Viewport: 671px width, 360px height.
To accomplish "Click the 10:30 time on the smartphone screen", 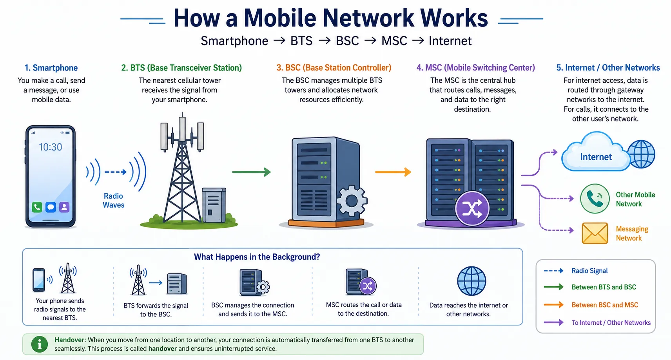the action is coord(50,147).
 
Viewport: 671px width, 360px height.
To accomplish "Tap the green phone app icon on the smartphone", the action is coord(37,207).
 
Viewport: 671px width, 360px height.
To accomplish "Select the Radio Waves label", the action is coord(113,200).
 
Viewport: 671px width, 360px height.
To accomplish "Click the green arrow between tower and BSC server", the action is coord(251,172).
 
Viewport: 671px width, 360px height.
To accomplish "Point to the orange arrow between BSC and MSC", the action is coord(393,172).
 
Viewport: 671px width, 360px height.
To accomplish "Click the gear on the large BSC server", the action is coord(352,201).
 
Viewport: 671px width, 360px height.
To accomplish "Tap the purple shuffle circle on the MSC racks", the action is coord(472,208).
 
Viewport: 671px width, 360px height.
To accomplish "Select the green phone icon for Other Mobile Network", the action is coord(595,199).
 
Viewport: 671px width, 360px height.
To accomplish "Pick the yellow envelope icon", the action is coord(595,233).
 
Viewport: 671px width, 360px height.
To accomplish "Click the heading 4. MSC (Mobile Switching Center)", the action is coord(475,68).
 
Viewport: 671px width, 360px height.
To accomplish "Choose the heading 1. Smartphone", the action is coord(51,68).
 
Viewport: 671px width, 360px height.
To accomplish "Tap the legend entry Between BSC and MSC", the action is coord(604,305).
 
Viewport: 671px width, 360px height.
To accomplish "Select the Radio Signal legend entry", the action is coord(589,271).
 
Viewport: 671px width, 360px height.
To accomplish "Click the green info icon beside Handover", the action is coord(40,344).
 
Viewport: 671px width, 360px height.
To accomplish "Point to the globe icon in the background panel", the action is coord(472,281).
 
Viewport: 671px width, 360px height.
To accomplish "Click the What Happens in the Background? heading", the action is coord(257,257).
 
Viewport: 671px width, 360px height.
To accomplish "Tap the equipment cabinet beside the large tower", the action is coord(214,205).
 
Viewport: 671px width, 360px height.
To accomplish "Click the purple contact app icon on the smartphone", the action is coord(64,207).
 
